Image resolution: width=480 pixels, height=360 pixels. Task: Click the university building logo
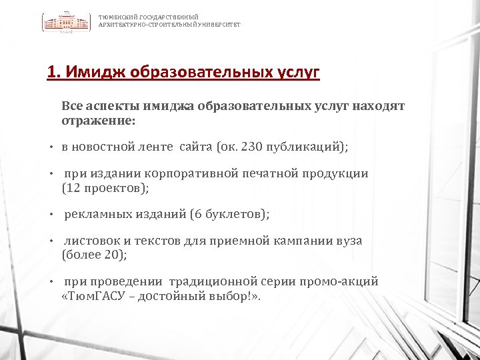[67, 23]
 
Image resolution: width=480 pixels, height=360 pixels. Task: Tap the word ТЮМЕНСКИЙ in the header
[115, 17]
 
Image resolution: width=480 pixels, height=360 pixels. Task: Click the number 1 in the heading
[51, 71]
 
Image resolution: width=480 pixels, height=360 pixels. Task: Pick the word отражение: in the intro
[97, 121]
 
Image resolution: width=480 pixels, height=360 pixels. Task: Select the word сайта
[193, 146]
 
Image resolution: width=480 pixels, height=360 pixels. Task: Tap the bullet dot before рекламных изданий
[51, 215]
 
